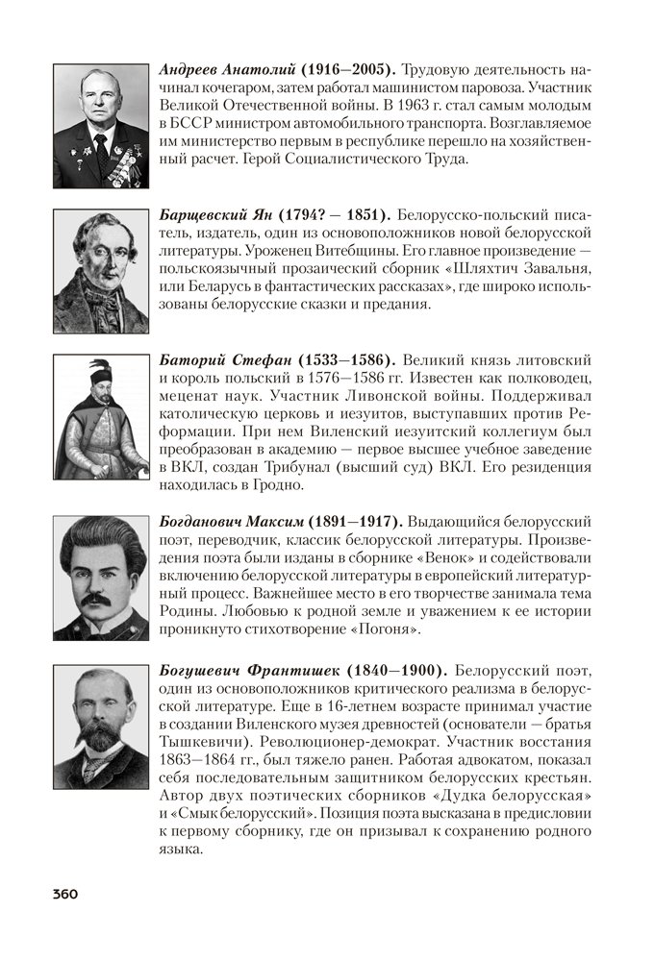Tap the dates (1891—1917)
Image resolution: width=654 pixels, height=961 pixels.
click(354, 520)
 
